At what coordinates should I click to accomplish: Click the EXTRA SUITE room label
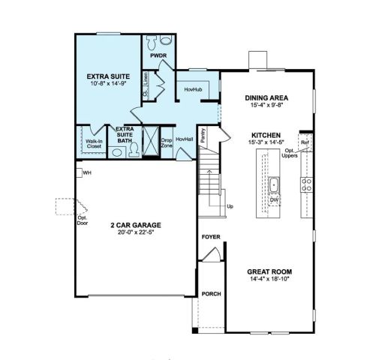point(107,76)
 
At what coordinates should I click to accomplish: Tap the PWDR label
point(158,55)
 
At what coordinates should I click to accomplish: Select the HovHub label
point(193,90)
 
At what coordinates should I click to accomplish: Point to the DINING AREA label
point(267,97)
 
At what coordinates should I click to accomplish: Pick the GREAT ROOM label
point(269,271)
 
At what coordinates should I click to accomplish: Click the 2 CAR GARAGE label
point(136,224)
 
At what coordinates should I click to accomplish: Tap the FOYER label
point(211,238)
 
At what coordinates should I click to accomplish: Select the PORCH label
point(211,294)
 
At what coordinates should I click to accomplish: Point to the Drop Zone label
point(167,142)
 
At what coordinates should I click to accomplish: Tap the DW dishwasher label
point(275,200)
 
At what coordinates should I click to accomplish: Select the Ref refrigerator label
point(305,142)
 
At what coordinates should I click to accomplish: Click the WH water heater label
point(87,173)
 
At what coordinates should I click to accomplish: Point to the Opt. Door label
point(83,221)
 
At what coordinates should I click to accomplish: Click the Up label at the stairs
point(230,205)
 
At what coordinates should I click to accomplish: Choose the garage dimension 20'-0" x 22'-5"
point(136,232)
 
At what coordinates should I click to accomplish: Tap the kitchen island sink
point(275,184)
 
